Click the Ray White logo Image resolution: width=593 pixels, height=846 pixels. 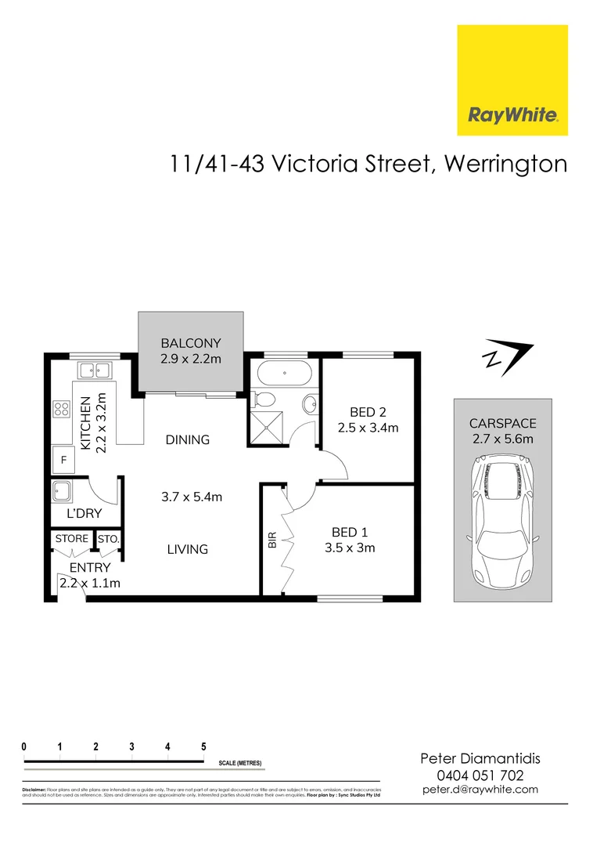point(512,80)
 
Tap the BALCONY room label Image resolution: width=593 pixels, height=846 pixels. point(191,343)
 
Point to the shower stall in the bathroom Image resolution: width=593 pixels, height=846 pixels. point(268,425)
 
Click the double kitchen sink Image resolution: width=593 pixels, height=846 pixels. point(95,371)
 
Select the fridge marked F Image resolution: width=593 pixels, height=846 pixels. point(63,460)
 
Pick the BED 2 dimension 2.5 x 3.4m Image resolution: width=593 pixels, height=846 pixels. point(368,428)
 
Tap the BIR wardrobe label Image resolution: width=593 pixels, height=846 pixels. point(272,540)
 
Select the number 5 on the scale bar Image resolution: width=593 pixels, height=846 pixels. point(203,747)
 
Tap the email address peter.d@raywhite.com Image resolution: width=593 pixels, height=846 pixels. point(480,789)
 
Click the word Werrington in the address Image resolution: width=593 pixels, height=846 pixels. point(505,164)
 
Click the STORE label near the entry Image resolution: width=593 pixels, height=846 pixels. point(72,539)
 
